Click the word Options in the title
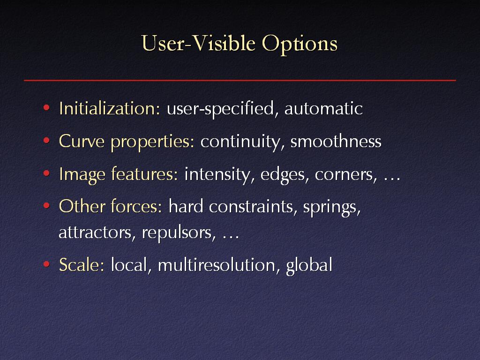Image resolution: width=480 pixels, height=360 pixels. pyautogui.click(x=300, y=44)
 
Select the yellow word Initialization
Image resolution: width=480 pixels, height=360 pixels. pyautogui.click(x=110, y=108)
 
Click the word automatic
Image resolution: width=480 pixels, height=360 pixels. pyautogui.click(x=323, y=109)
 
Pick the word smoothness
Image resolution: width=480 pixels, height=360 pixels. pyautogui.click(x=336, y=141)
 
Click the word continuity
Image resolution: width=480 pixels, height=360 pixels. pyautogui.click(x=240, y=142)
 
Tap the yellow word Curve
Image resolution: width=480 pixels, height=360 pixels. pyautogui.click(x=82, y=141)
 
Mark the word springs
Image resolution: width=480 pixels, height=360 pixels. pyautogui.click(x=332, y=208)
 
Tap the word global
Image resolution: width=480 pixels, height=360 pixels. pyautogui.click(x=309, y=266)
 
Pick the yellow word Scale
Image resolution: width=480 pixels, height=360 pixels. pyautogui.click(x=82, y=265)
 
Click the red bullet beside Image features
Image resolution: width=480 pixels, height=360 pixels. pyautogui.click(x=46, y=174)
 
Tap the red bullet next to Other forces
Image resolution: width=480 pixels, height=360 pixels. pyautogui.click(x=46, y=206)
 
